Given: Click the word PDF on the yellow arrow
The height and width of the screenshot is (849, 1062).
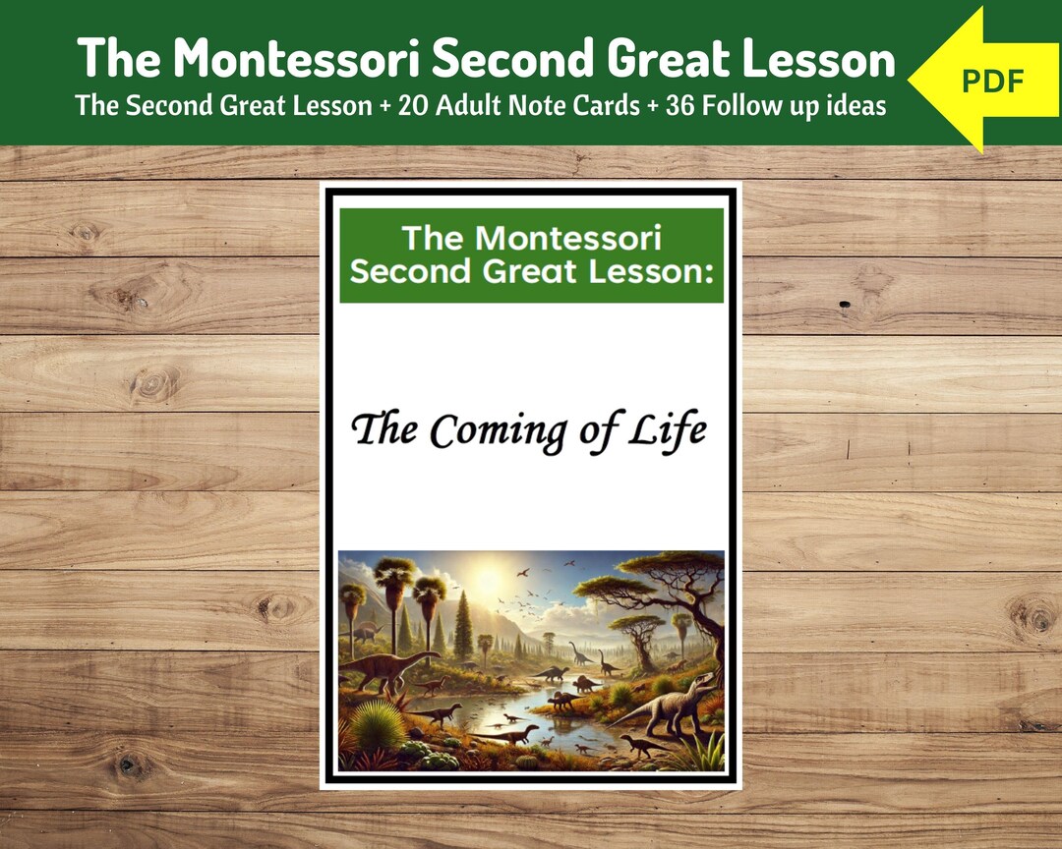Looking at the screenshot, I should click(x=993, y=81).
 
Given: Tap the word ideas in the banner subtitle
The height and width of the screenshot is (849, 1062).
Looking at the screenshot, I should click(x=855, y=105).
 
